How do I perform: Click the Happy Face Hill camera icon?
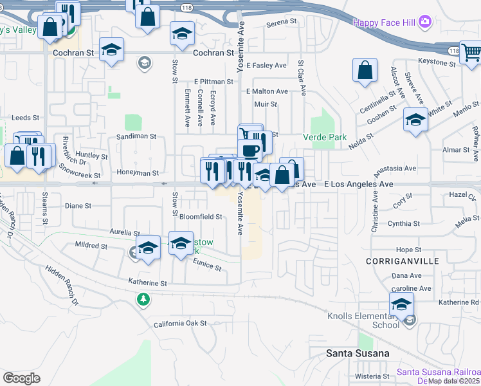click(424, 23)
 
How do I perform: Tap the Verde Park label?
click(325, 137)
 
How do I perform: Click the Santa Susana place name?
click(358, 353)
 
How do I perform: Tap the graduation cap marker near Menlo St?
click(415, 120)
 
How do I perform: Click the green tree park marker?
click(143, 299)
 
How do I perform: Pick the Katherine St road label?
click(147, 282)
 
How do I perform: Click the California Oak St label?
click(180, 324)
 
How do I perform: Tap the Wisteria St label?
click(368, 376)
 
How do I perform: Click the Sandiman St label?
click(136, 136)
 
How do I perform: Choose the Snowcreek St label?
click(80, 170)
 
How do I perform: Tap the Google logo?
click(21, 378)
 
